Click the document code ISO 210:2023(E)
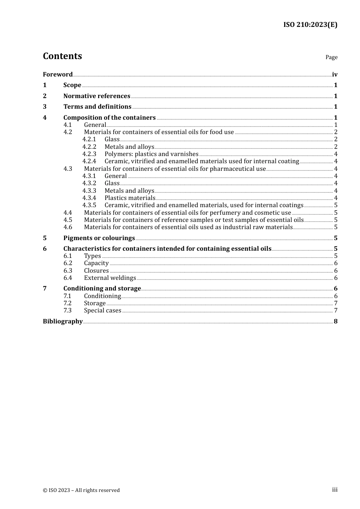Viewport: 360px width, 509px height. [310, 25]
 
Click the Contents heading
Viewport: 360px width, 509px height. [62, 56]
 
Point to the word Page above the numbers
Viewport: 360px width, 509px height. [331, 57]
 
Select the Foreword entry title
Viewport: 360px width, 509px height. [58, 75]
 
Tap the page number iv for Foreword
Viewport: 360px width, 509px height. [335, 75]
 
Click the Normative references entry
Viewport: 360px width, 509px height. [97, 96]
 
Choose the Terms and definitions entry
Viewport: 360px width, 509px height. [97, 107]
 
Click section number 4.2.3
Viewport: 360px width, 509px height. [89, 154]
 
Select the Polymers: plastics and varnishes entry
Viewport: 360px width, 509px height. [151, 154]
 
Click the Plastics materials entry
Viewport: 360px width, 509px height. [130, 198]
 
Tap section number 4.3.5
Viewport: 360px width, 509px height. [89, 205]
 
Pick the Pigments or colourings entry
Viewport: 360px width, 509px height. [99, 238]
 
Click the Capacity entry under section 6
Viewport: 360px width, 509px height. [96, 263]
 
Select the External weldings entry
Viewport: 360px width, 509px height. [110, 278]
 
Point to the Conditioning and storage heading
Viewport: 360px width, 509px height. [102, 289]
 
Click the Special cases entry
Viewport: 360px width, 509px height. [102, 311]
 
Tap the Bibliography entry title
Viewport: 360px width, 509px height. [63, 322]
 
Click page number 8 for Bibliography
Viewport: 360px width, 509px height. [335, 322]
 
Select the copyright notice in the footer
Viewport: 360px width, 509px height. [81, 490]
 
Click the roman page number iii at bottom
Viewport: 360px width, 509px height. [335, 490]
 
